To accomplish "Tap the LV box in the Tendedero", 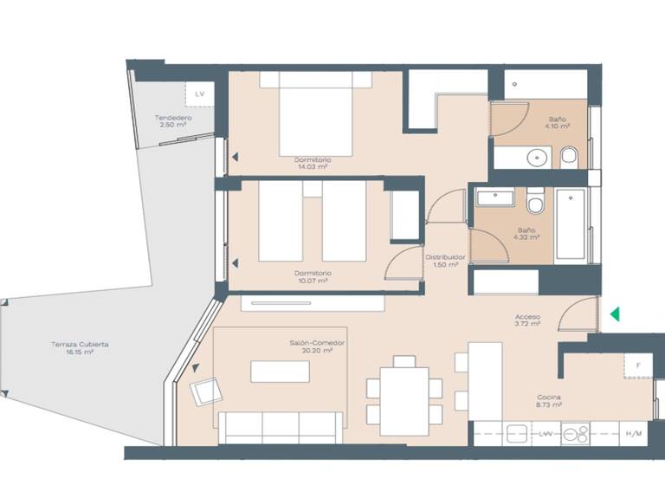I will click(x=200, y=94).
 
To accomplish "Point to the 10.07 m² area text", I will click(x=312, y=280).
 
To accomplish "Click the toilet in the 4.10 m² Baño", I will click(x=569, y=157).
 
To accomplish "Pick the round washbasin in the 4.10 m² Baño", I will click(x=537, y=158).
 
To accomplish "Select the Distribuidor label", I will click(x=445, y=257).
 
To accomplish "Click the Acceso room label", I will click(x=527, y=317).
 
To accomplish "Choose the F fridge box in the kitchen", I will click(x=638, y=366).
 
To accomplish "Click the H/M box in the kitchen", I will click(x=634, y=433).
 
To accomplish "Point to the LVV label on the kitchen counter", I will click(x=546, y=433).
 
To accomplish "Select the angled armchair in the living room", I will click(x=205, y=392).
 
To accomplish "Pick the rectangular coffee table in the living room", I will click(x=281, y=371).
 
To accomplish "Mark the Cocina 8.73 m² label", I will click(x=549, y=400).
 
